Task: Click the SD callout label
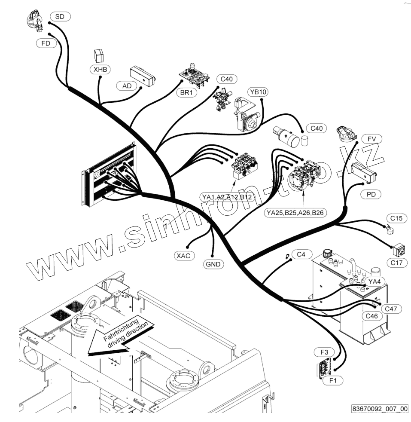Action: (60, 17)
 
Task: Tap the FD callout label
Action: (46, 43)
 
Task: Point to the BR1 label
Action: (186, 92)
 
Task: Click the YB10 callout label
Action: (258, 92)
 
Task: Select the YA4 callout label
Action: (375, 281)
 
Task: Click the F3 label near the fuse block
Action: (324, 352)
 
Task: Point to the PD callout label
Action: (371, 195)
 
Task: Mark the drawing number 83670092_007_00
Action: (379, 409)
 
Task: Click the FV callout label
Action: (371, 139)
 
